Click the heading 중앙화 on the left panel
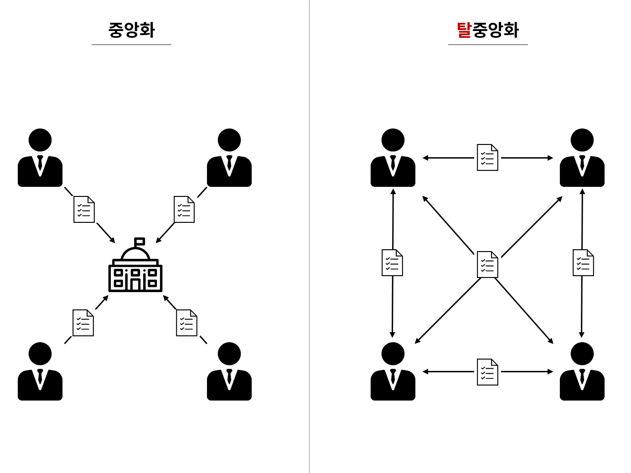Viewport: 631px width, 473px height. pyautogui.click(x=131, y=30)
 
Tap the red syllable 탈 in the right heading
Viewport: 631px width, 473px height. pyautogui.click(x=464, y=30)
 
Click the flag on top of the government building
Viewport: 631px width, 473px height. pyautogui.click(x=140, y=242)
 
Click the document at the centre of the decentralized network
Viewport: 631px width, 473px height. pyautogui.click(x=487, y=264)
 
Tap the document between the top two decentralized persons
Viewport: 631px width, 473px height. pyautogui.click(x=487, y=158)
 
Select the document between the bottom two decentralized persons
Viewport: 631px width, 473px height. pyautogui.click(x=487, y=372)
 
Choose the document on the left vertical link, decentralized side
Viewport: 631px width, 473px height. pyautogui.click(x=392, y=263)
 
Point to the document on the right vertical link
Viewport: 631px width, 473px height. pyautogui.click(x=583, y=263)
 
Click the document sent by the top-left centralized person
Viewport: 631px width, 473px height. pyautogui.click(x=84, y=210)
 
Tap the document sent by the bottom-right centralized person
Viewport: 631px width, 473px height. pyautogui.click(x=186, y=323)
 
